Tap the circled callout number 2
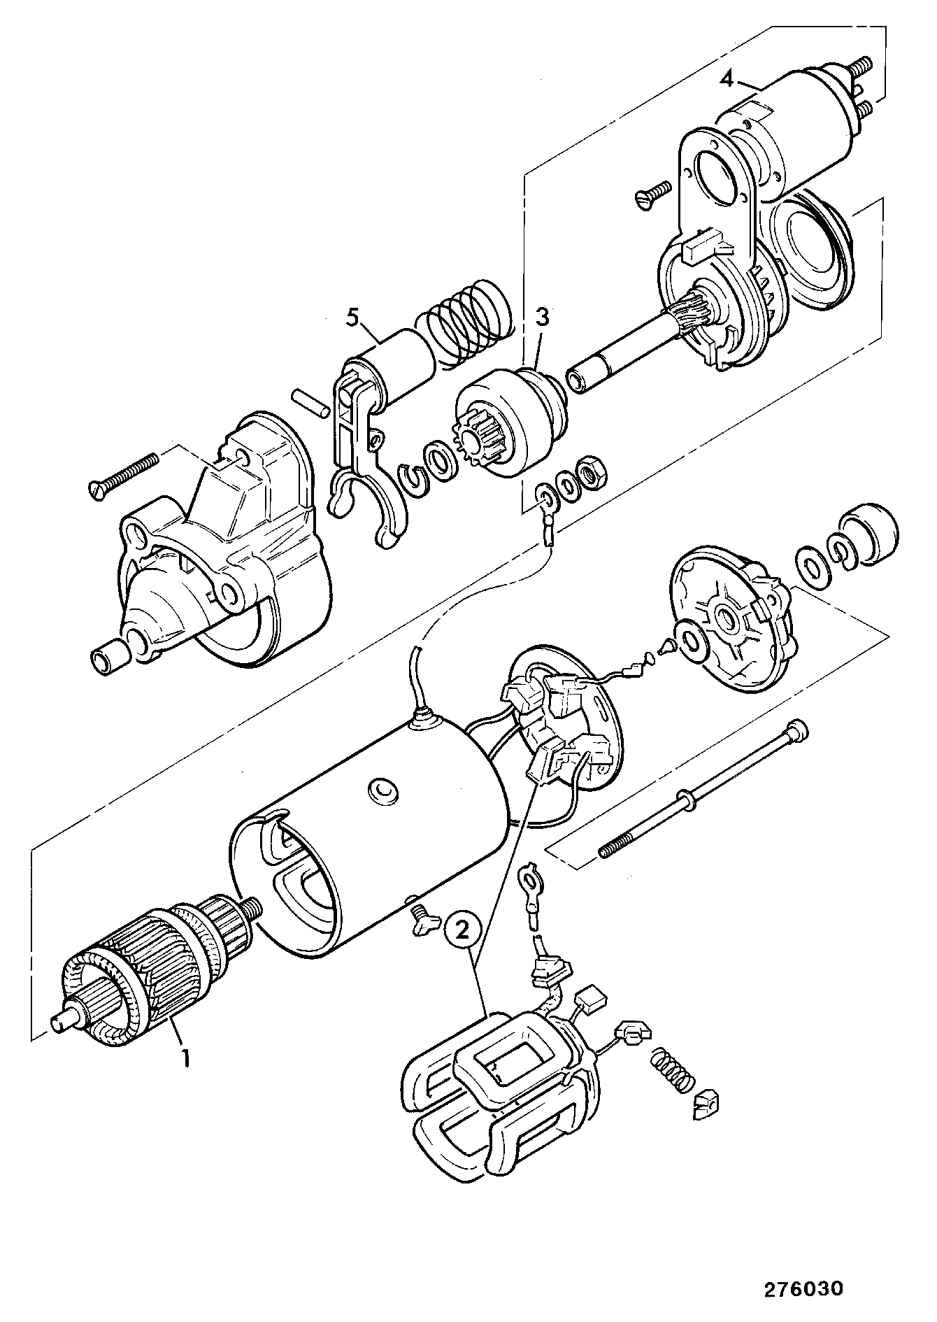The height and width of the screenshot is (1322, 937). [x=461, y=930]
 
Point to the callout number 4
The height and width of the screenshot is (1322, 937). [x=727, y=79]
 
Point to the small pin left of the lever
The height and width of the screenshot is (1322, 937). [x=309, y=405]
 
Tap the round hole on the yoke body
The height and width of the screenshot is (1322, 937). [x=382, y=789]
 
